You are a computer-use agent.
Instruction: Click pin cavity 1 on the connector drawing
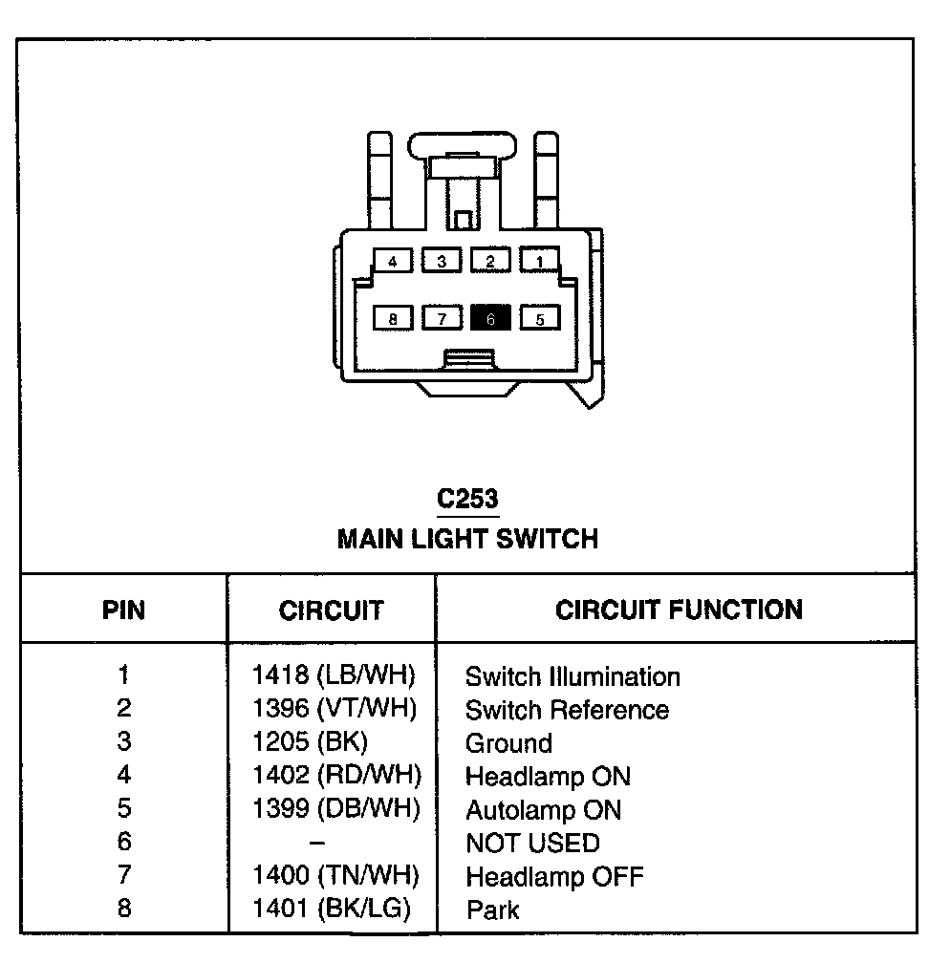pyautogui.click(x=539, y=260)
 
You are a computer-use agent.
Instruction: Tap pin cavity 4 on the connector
pyautogui.click(x=393, y=260)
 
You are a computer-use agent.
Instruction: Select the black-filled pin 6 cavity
pyautogui.click(x=490, y=318)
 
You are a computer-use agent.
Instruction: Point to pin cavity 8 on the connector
pyautogui.click(x=393, y=318)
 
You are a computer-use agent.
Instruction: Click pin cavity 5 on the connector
pyautogui.click(x=539, y=318)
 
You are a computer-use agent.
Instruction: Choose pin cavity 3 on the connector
pyautogui.click(x=442, y=260)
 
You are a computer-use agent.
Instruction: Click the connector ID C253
pyautogui.click(x=467, y=499)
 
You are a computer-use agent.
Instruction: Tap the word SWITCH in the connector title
pyautogui.click(x=550, y=539)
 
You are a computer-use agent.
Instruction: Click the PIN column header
pyautogui.click(x=124, y=610)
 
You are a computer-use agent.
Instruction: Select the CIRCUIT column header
pyautogui.click(x=332, y=610)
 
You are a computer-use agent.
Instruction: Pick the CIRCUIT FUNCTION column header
pyautogui.click(x=679, y=610)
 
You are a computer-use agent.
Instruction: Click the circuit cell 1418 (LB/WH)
pyautogui.click(x=334, y=675)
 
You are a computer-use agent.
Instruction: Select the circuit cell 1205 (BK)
pyautogui.click(x=310, y=741)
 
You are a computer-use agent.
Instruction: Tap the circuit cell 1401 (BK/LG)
pyautogui.click(x=332, y=909)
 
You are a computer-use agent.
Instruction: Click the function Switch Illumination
pyautogui.click(x=573, y=677)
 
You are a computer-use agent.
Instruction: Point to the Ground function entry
pyautogui.click(x=508, y=743)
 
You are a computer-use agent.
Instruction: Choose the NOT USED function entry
pyautogui.click(x=532, y=843)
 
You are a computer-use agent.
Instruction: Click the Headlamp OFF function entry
pyautogui.click(x=554, y=876)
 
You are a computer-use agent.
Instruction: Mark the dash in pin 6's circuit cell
pyautogui.click(x=317, y=843)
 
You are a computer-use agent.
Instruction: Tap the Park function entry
pyautogui.click(x=493, y=909)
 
